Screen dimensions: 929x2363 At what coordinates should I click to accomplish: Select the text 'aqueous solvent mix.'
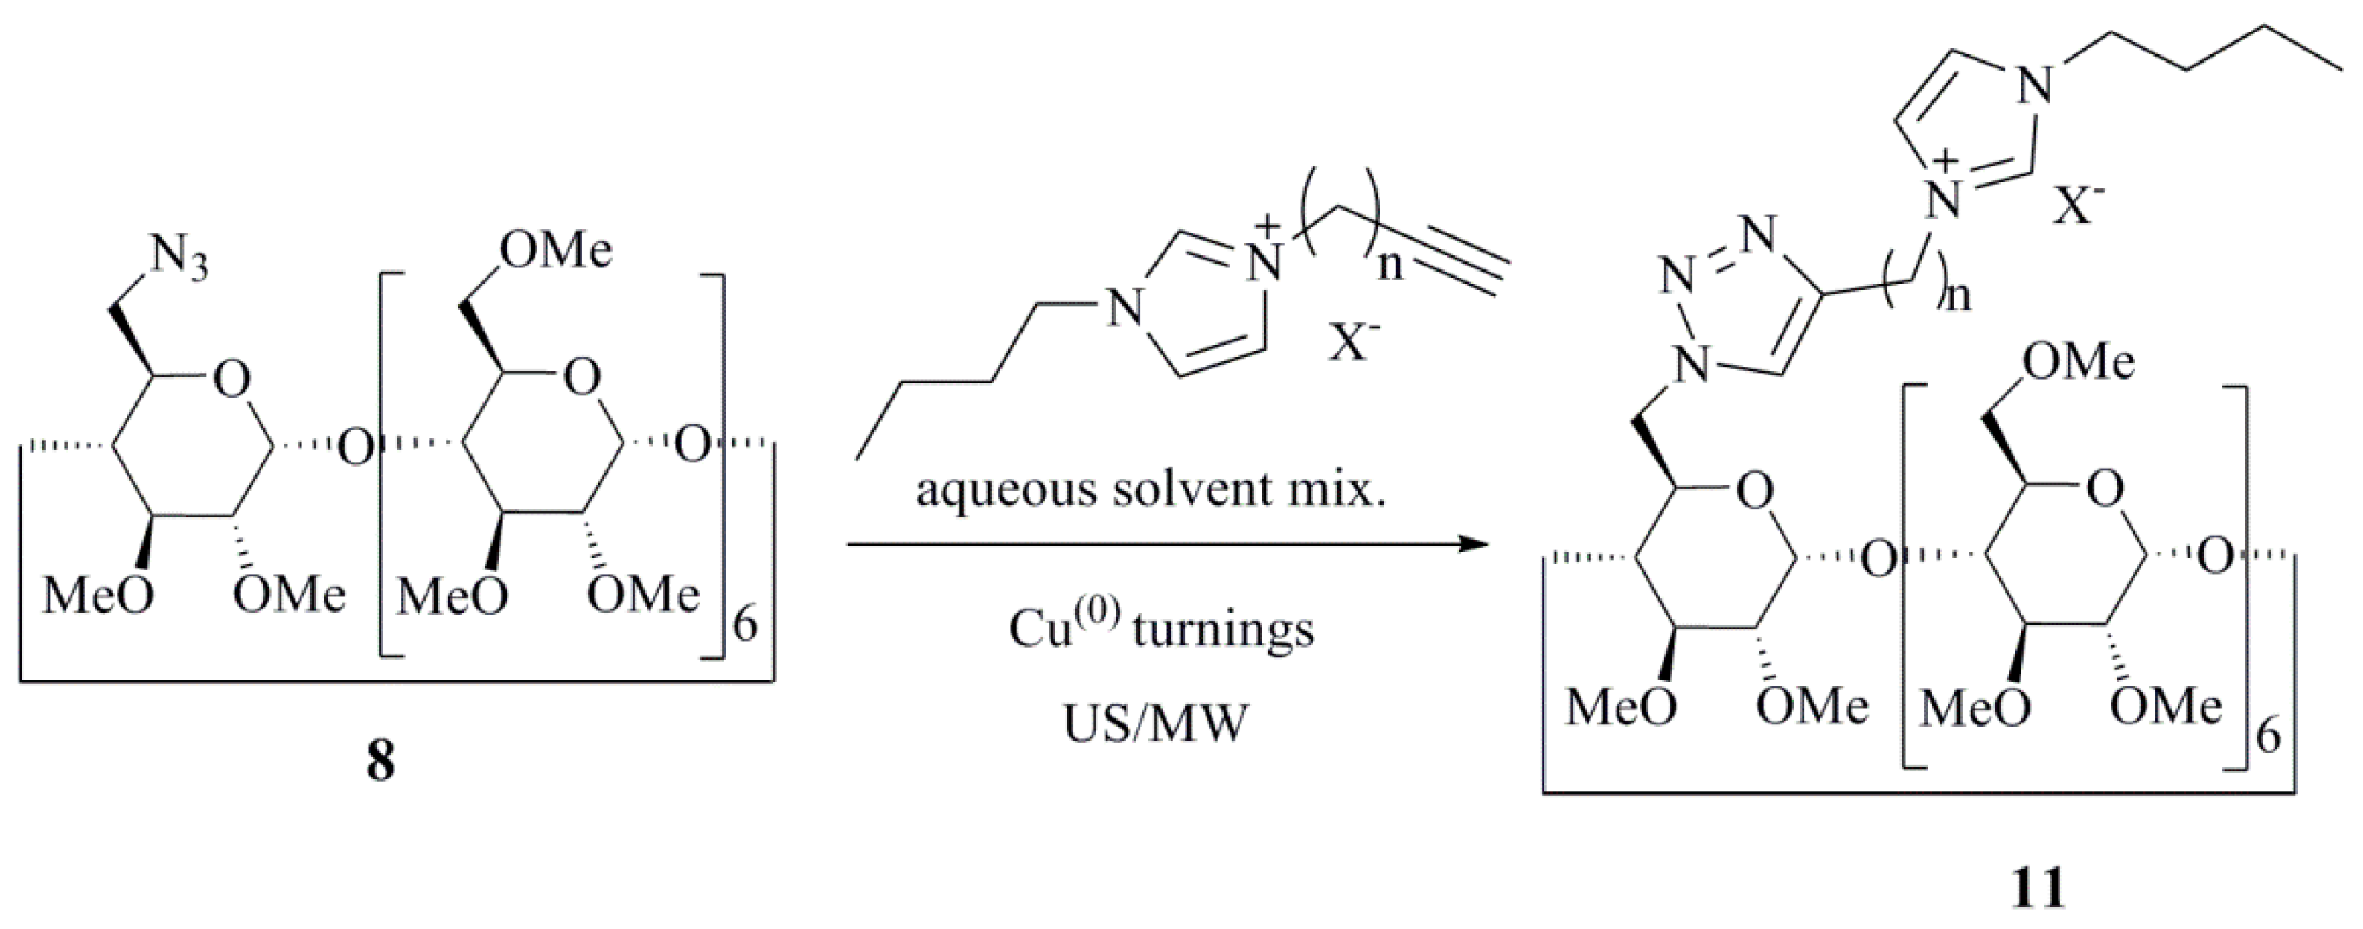coord(1151,491)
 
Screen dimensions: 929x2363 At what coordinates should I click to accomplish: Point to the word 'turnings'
coord(1223,630)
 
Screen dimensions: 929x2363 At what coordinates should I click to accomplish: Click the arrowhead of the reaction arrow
coord(1471,545)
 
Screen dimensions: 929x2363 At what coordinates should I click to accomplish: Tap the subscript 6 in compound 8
coord(745,628)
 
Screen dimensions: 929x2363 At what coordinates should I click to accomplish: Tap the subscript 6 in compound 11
coord(2267,738)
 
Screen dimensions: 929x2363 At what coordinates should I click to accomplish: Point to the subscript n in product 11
coord(1957,296)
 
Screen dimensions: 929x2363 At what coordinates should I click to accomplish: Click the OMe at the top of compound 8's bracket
coord(555,249)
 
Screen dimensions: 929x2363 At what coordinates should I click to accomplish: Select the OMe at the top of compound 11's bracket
coord(2078,363)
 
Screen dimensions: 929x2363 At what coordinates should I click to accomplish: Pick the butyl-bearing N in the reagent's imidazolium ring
coord(1124,308)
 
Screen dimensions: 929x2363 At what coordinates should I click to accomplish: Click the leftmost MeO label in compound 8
coord(98,596)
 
